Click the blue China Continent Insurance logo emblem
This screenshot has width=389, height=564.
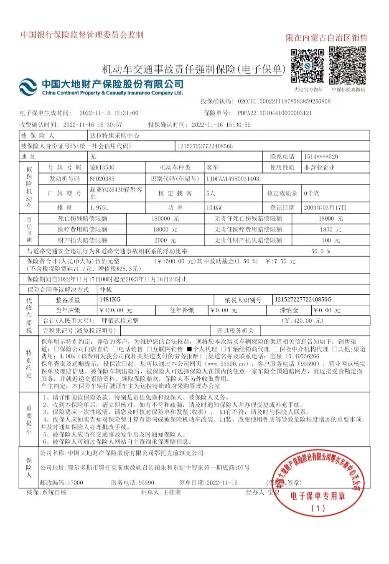click(28, 87)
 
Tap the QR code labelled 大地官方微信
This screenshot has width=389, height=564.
click(308, 66)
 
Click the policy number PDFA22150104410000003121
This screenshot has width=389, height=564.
click(275, 113)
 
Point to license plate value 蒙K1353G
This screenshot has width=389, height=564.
click(102, 168)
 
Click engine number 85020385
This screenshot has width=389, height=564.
click(102, 179)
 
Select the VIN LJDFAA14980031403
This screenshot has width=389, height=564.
click(232, 179)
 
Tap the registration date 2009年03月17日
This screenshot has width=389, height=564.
click(326, 207)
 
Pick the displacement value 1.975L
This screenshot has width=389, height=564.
click(99, 207)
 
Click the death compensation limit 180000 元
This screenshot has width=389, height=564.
click(165, 219)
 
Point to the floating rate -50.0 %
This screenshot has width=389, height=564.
click(319, 251)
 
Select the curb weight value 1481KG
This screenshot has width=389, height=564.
click(110, 299)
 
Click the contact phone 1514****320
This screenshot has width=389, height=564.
click(321, 156)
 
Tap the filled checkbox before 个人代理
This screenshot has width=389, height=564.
click(189, 349)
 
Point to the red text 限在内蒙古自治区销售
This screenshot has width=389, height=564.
click(326, 38)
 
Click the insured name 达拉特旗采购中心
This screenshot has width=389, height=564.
click(114, 135)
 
